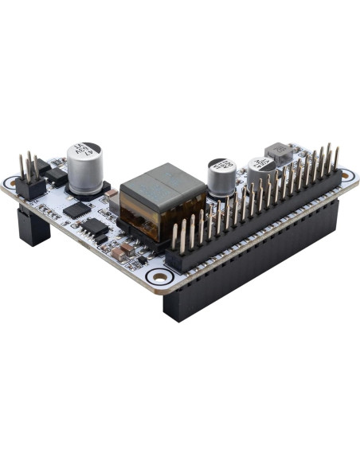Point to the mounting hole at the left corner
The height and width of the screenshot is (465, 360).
pyautogui.click(x=14, y=184)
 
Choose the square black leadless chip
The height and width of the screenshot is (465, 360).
pyautogui.click(x=77, y=209)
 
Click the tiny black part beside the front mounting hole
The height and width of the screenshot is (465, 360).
pyautogui.click(x=142, y=260)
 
